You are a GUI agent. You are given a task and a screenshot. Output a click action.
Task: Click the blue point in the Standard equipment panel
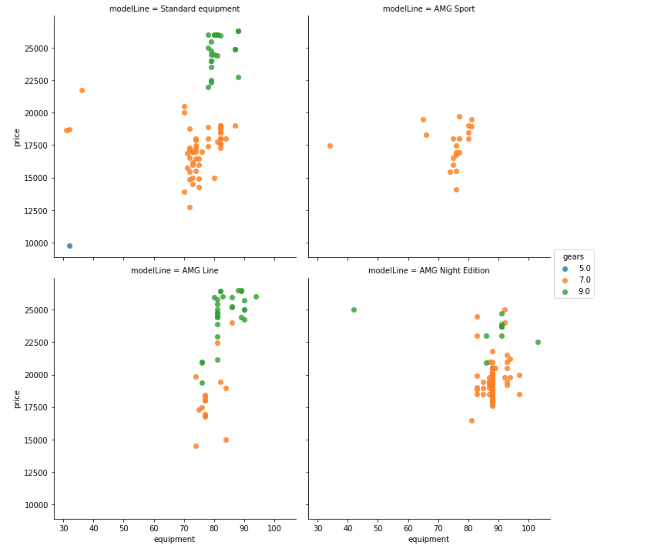(x=69, y=246)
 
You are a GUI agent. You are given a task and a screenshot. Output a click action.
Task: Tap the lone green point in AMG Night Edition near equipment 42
(x=354, y=310)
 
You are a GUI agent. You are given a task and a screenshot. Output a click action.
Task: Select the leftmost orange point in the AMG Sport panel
(x=330, y=146)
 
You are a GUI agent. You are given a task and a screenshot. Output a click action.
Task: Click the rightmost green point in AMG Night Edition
(x=538, y=342)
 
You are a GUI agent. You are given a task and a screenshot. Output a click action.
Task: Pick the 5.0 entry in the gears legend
(x=584, y=269)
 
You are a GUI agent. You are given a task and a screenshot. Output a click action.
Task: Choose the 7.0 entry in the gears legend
(x=584, y=280)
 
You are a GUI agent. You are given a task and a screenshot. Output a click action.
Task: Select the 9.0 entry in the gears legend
(x=584, y=292)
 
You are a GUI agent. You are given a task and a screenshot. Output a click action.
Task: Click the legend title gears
(x=573, y=257)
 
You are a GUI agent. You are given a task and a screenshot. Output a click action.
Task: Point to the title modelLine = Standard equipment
(x=174, y=9)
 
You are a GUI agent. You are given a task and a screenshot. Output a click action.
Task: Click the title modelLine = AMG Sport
(x=428, y=9)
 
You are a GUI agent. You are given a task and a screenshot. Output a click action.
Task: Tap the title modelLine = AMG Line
(x=174, y=271)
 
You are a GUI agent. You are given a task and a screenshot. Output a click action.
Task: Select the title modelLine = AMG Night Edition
(x=428, y=271)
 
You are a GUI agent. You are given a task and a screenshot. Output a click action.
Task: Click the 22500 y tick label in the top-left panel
(x=36, y=81)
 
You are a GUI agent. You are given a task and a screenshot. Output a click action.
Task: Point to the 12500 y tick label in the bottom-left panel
(x=36, y=472)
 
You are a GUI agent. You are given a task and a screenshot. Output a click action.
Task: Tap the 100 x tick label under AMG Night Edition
(x=528, y=528)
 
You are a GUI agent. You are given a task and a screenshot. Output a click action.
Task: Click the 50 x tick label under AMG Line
(x=124, y=528)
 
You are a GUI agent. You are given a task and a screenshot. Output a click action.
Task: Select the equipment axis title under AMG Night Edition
(x=428, y=539)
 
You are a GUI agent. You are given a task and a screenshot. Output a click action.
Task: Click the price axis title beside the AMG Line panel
(x=17, y=399)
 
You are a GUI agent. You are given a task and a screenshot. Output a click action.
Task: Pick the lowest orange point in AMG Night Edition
(x=472, y=421)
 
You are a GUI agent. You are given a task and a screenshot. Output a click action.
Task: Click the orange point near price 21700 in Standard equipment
(x=82, y=90)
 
